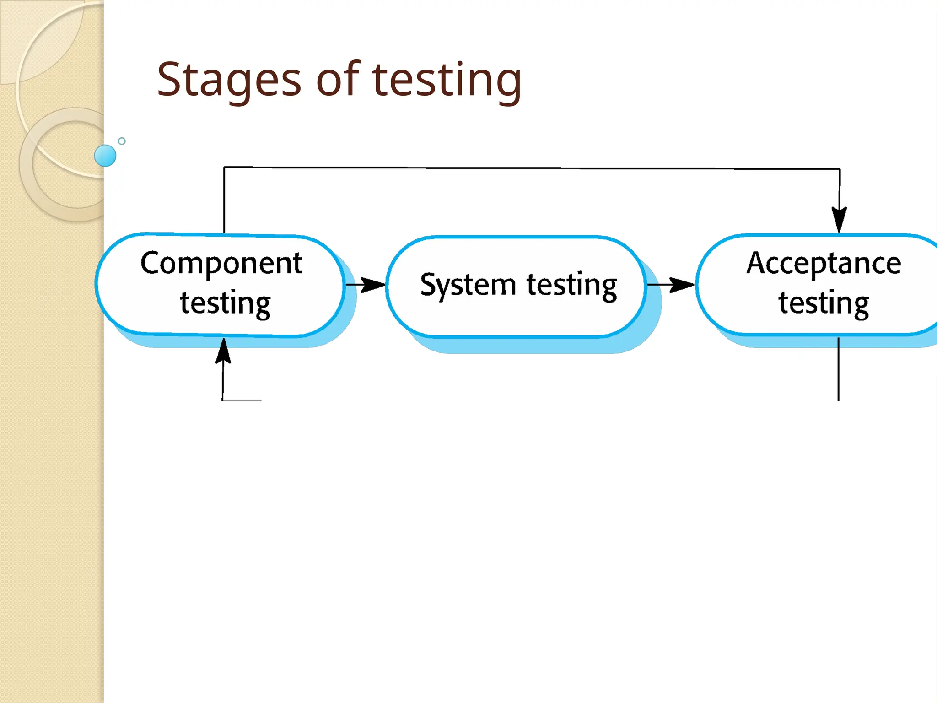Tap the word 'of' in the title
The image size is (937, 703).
pos(338,80)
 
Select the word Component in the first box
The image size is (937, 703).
pos(221,264)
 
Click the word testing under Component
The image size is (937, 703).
pos(225,303)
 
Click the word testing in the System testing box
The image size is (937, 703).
pos(571,285)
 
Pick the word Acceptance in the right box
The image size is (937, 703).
pos(824,264)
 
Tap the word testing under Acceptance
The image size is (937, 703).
pos(824,303)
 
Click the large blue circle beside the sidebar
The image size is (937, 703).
pos(105,156)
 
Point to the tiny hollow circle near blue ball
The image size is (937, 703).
pos(122,141)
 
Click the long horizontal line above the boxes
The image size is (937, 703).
pos(531,168)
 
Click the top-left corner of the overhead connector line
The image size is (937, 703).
pos(224,168)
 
